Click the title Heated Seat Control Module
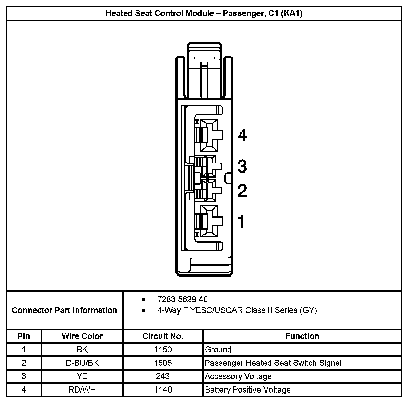204,13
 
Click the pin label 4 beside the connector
242,135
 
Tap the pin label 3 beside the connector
242,166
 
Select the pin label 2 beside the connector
242,191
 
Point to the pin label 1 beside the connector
241,221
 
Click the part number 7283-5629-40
182,299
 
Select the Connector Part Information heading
64,310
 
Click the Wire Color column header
82,336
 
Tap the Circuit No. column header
162,336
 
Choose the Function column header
302,336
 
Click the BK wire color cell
82,350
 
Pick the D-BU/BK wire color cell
82,363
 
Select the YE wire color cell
82,376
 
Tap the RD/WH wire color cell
82,390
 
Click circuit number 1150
163,350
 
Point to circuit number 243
163,376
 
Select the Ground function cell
218,350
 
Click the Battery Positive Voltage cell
248,390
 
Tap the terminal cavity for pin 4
209,135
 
